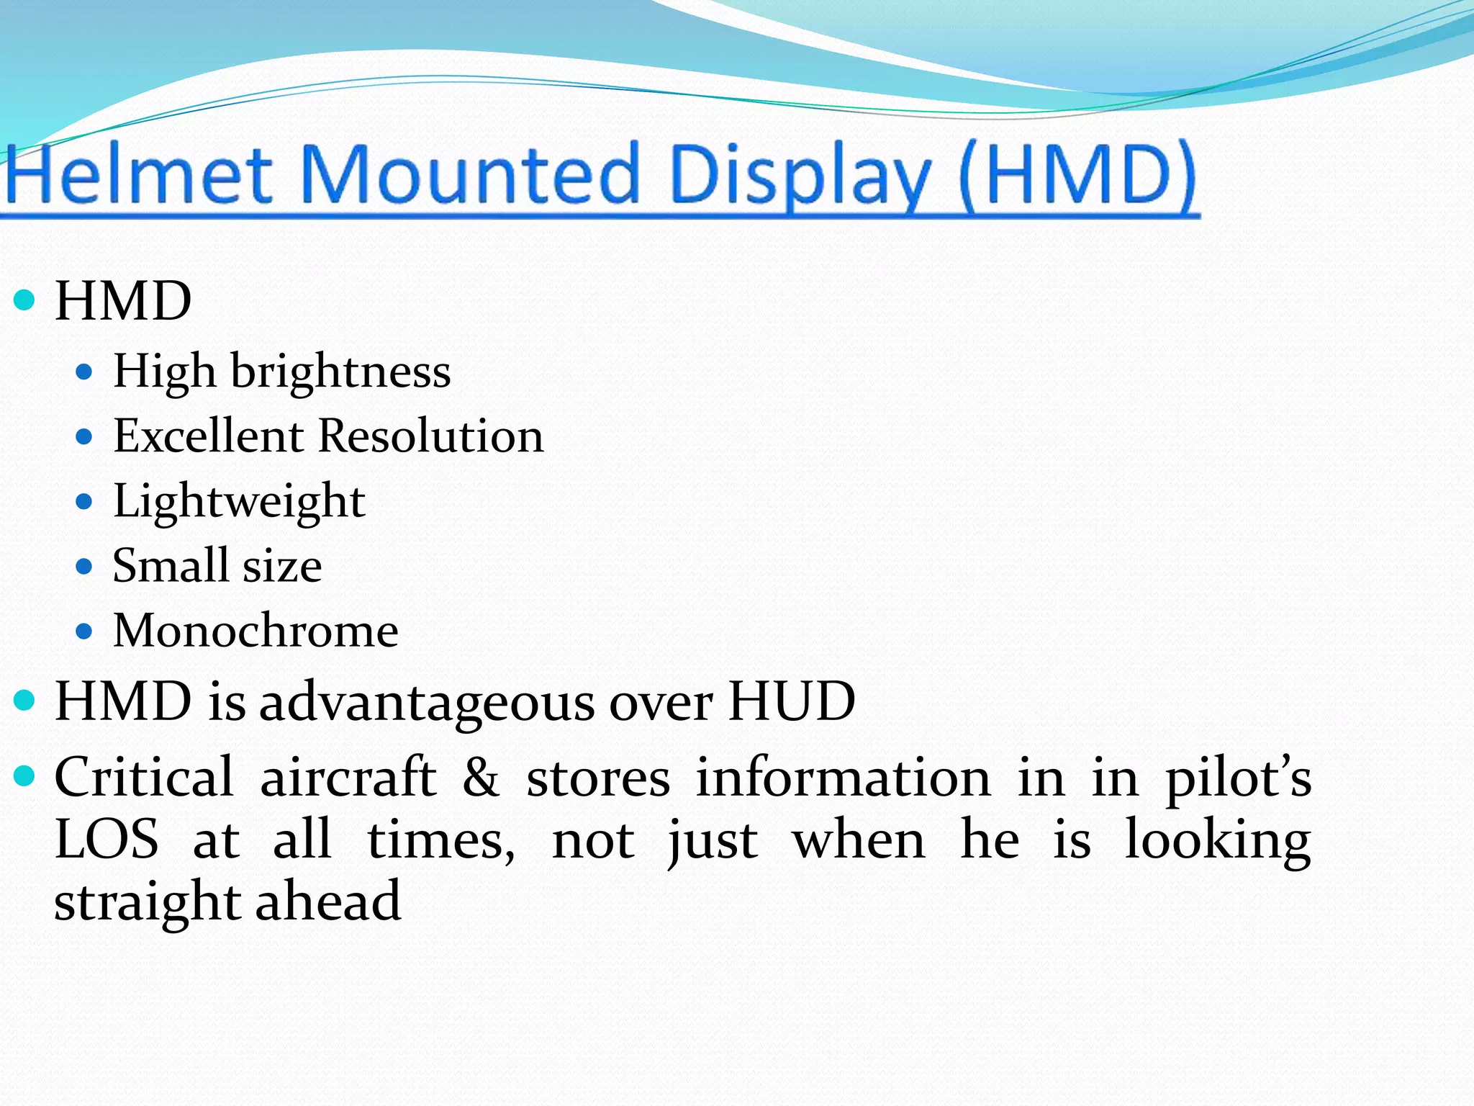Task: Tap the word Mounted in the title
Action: point(468,175)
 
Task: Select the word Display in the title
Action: point(799,176)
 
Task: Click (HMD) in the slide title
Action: point(1077,176)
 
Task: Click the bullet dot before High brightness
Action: point(85,372)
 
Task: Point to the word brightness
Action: point(340,372)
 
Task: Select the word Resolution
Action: point(430,436)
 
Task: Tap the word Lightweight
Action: point(239,501)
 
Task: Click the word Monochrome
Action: point(256,631)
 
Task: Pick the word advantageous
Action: point(427,702)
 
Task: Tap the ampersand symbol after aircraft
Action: point(481,778)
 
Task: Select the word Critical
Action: point(144,778)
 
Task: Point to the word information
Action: point(843,778)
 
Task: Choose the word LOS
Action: point(107,840)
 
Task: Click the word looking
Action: point(1217,841)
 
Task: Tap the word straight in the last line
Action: point(148,902)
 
